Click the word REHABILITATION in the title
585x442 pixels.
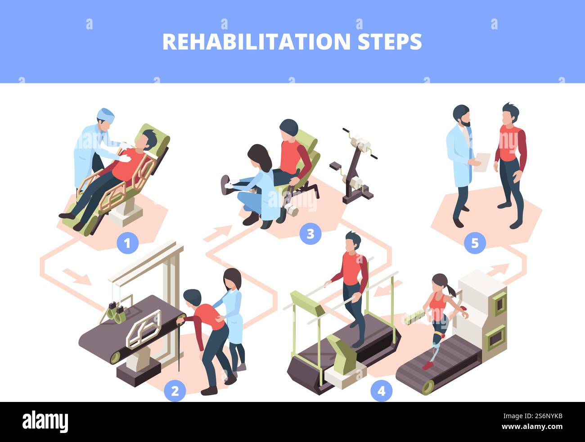[256, 41]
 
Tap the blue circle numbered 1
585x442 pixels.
[127, 244]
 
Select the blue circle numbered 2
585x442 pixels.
[175, 391]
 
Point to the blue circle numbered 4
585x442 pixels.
[381, 391]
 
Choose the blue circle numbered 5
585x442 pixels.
[475, 244]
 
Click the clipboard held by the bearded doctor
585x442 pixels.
[482, 162]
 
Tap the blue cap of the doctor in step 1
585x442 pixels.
[106, 114]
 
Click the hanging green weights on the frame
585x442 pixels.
[116, 312]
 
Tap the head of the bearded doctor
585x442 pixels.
[462, 116]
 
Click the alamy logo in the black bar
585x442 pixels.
[45, 422]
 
